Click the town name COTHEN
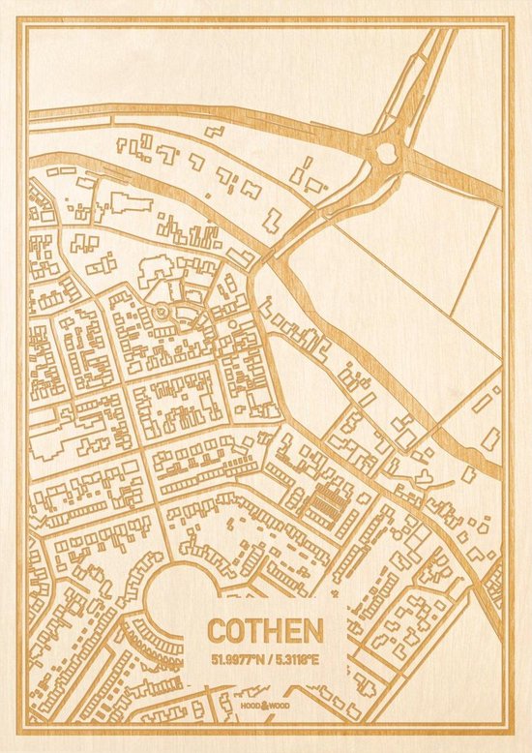click(264, 631)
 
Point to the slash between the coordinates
click(266, 660)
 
